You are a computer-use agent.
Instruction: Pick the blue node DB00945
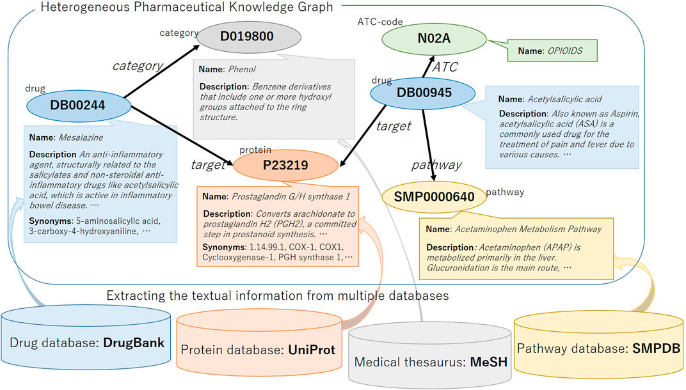click(x=423, y=93)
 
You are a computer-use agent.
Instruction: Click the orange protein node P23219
click(x=285, y=166)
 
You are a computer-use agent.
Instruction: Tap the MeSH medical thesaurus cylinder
click(x=429, y=358)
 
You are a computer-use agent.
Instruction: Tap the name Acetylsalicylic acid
click(x=564, y=99)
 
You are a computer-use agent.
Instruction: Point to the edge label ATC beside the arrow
click(x=446, y=67)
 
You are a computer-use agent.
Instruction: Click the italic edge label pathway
click(x=436, y=165)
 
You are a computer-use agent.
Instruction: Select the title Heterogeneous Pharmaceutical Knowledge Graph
click(x=186, y=8)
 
